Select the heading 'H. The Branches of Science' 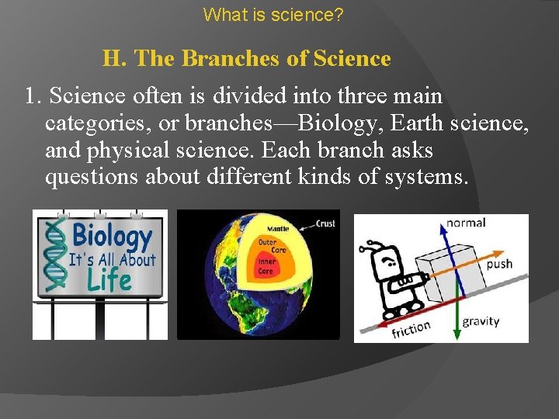[x=246, y=58]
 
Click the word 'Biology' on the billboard [x=112, y=235]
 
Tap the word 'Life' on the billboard [x=109, y=279]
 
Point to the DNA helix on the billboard [x=54, y=255]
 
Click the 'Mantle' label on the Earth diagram [x=277, y=229]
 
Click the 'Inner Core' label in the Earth [x=266, y=266]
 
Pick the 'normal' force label [x=466, y=223]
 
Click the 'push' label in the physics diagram [x=499, y=264]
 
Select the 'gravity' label [x=481, y=321]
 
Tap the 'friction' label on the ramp [x=411, y=330]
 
